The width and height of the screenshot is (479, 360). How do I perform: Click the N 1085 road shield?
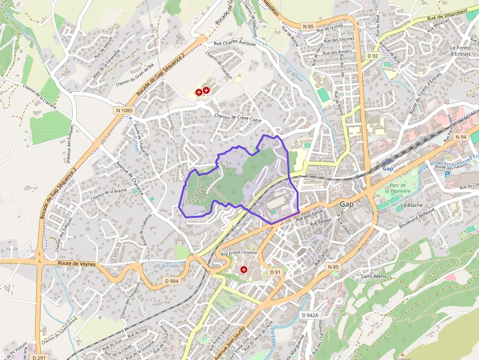[124, 111]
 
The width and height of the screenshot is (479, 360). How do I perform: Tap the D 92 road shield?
[373, 56]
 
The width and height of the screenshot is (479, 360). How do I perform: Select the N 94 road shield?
[460, 137]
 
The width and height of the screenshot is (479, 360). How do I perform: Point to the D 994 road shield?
[172, 281]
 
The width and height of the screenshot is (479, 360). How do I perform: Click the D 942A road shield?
[310, 315]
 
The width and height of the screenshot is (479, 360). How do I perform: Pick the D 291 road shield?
[40, 357]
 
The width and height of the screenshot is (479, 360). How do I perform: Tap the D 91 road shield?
[275, 272]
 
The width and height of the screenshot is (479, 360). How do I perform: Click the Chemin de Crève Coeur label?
[238, 118]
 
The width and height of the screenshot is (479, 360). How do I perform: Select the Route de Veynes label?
[76, 264]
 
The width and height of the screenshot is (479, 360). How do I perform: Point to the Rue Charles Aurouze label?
[235, 43]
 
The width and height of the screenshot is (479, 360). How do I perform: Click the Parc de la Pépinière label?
[401, 189]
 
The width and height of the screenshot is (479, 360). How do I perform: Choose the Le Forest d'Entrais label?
[460, 51]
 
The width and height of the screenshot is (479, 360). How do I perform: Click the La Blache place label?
[411, 205]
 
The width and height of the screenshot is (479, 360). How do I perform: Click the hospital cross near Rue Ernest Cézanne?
[243, 270]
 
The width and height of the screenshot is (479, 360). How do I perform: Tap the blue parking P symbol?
[447, 174]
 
